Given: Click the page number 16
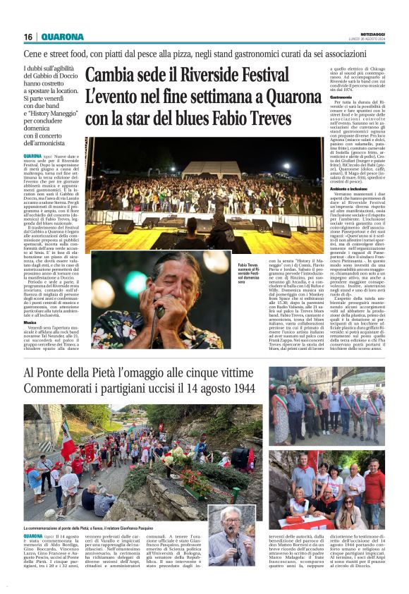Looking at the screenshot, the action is pos(28,37).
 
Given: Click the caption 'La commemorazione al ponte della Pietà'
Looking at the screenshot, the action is pos(92,528).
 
